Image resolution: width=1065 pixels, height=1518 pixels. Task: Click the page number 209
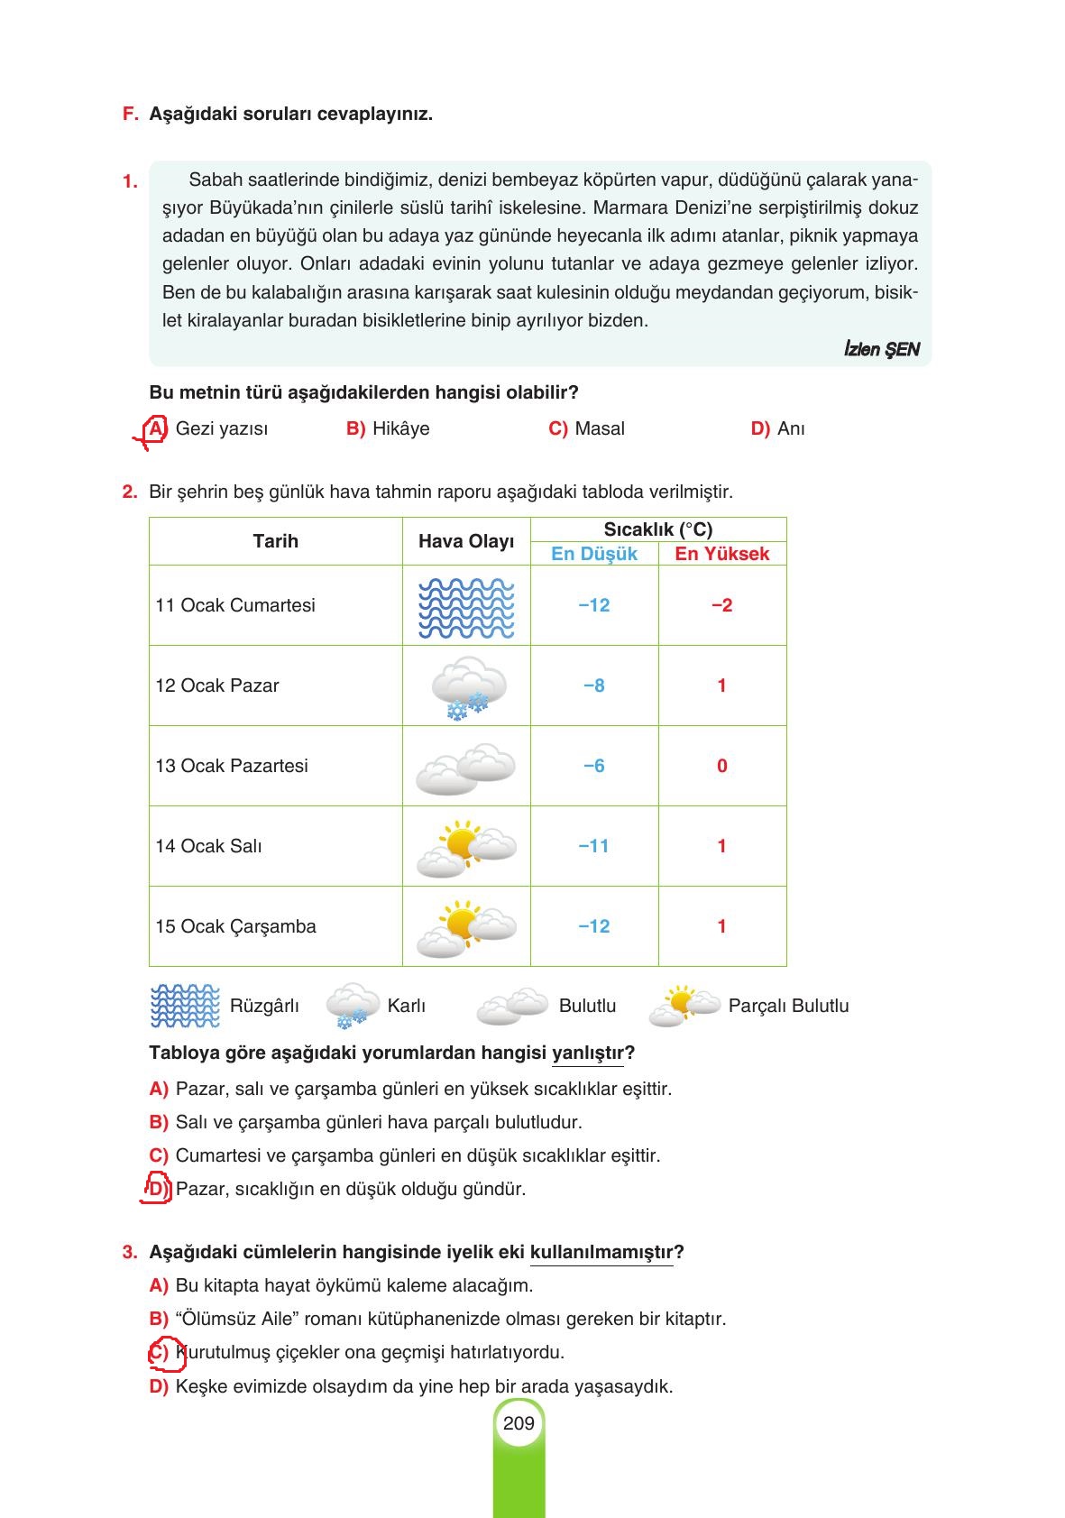(x=519, y=1423)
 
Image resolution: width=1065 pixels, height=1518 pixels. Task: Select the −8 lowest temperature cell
(x=594, y=685)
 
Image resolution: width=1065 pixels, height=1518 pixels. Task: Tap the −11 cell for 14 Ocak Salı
(x=594, y=846)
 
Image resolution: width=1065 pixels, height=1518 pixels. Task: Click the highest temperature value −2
(x=721, y=605)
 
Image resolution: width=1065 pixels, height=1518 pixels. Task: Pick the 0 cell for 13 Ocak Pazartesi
(x=721, y=766)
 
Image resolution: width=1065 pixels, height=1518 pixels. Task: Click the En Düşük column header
(x=594, y=554)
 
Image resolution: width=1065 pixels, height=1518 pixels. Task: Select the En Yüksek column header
(x=722, y=554)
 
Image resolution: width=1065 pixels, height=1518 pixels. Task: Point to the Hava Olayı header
(x=466, y=541)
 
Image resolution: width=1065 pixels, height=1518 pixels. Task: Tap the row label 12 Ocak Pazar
(x=217, y=685)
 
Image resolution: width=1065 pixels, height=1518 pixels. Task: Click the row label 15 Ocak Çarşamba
(x=235, y=926)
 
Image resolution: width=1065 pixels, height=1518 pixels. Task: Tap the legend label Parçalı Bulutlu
(x=788, y=1006)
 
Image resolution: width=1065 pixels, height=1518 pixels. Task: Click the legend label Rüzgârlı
(x=264, y=1006)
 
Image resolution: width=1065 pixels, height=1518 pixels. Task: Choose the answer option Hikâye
(x=400, y=428)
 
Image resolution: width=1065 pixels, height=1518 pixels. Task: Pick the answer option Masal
(x=599, y=428)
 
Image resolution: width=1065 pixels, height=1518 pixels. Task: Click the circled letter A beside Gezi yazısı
(x=156, y=428)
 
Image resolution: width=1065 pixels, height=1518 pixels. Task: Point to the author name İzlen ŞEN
(x=881, y=349)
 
